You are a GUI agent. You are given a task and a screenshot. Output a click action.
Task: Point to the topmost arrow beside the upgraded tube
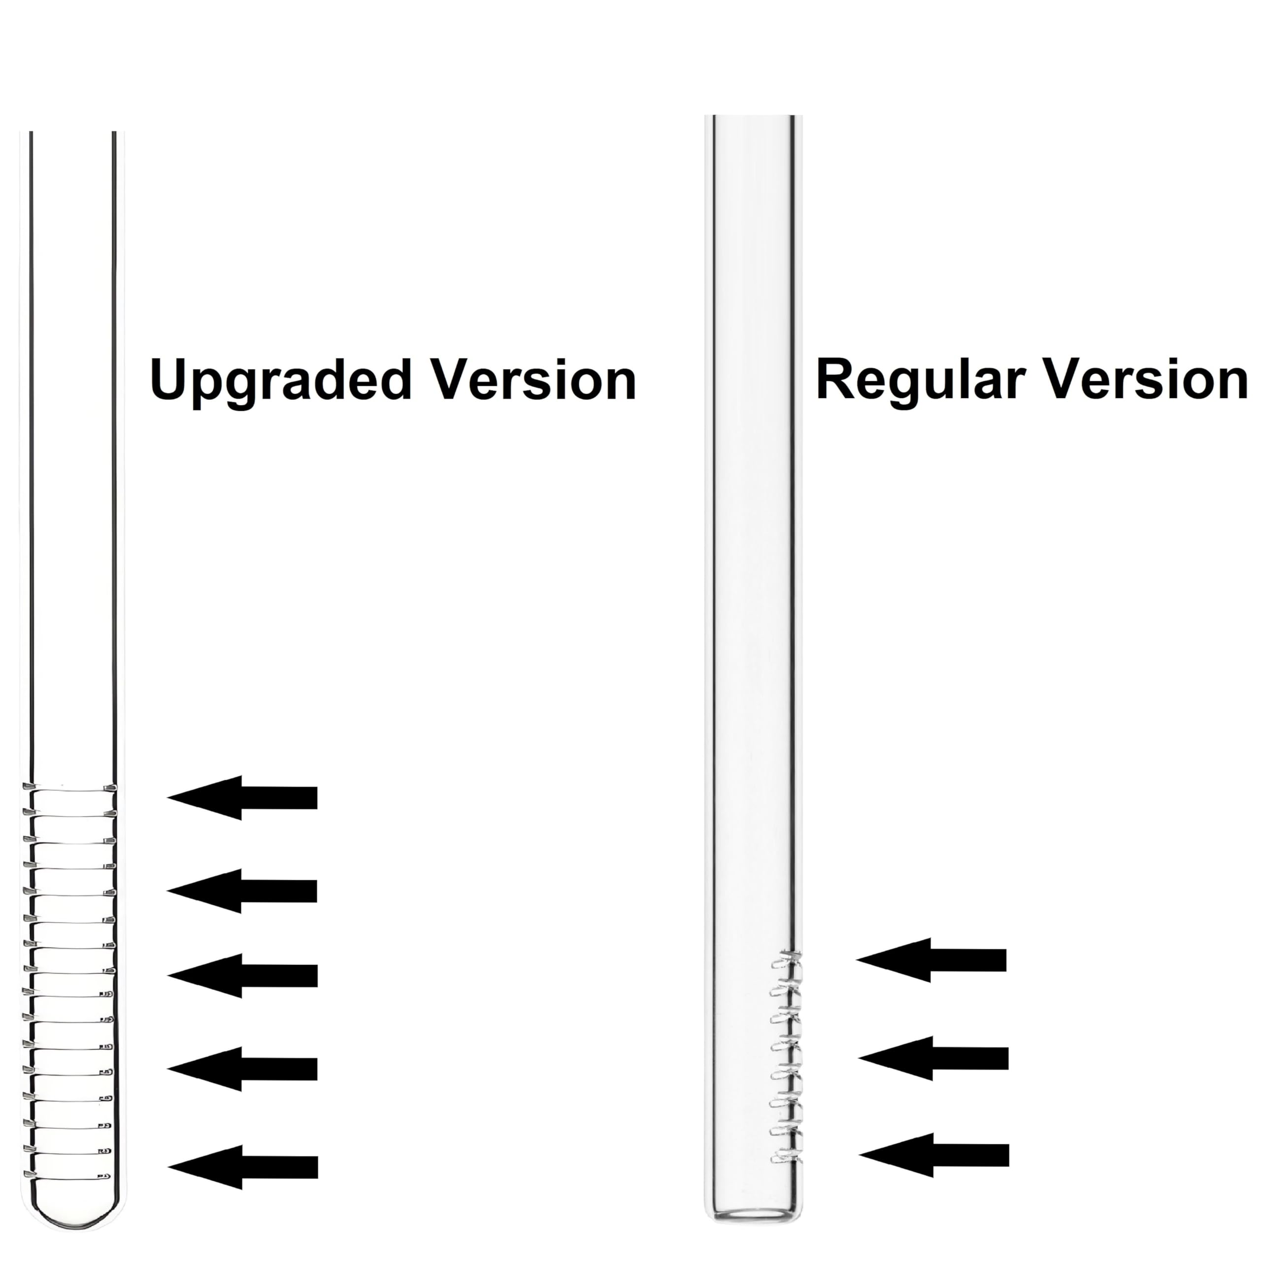242,797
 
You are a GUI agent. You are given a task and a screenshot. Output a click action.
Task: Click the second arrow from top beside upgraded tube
242,891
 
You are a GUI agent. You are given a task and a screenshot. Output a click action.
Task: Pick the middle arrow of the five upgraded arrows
242,976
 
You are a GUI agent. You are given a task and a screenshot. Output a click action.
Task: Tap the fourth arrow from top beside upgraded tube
242,1069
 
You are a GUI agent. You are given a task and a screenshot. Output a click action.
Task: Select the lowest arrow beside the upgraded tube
242,1167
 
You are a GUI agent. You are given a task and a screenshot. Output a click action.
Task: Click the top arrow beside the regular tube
931,960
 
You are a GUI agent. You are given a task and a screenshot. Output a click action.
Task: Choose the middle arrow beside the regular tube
933,1058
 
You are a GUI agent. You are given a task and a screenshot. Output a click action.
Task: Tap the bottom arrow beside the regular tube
934,1155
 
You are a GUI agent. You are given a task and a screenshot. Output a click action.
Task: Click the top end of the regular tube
754,116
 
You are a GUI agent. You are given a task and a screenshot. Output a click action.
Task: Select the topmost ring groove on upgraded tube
70,788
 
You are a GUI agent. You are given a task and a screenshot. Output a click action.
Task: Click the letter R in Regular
836,379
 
